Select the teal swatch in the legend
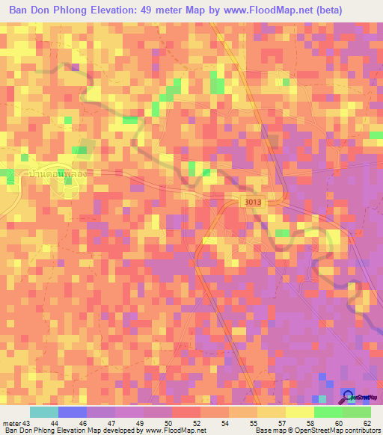point(44,412)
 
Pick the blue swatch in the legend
point(73,412)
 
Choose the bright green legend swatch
point(328,412)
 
